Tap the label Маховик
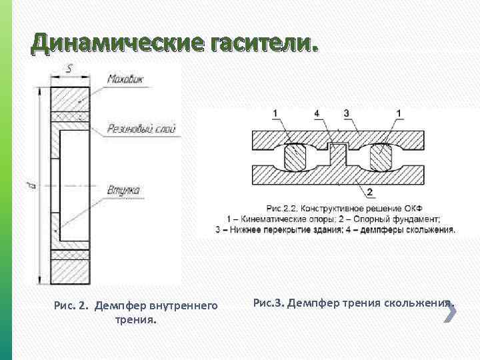(129, 79)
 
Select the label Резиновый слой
(141, 129)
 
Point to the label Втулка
(123, 191)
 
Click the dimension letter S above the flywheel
(69, 67)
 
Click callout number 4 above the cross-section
(317, 113)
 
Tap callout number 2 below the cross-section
(369, 192)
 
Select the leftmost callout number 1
(275, 113)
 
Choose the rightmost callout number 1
(399, 113)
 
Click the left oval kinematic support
(295, 158)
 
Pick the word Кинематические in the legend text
(270, 218)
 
